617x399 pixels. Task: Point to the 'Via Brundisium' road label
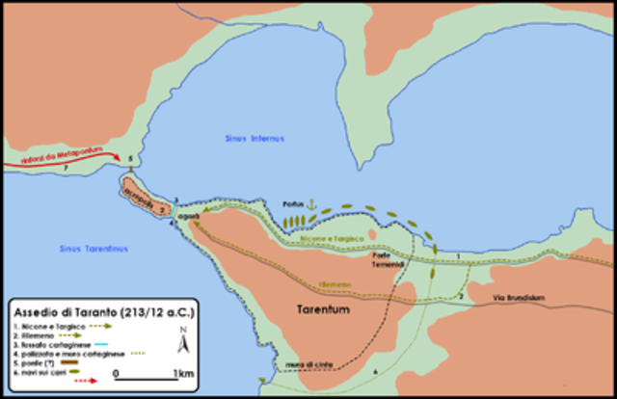click(x=519, y=298)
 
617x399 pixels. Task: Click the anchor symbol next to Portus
click(x=310, y=204)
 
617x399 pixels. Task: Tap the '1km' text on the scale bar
click(x=182, y=373)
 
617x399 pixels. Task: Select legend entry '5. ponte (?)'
click(x=35, y=362)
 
